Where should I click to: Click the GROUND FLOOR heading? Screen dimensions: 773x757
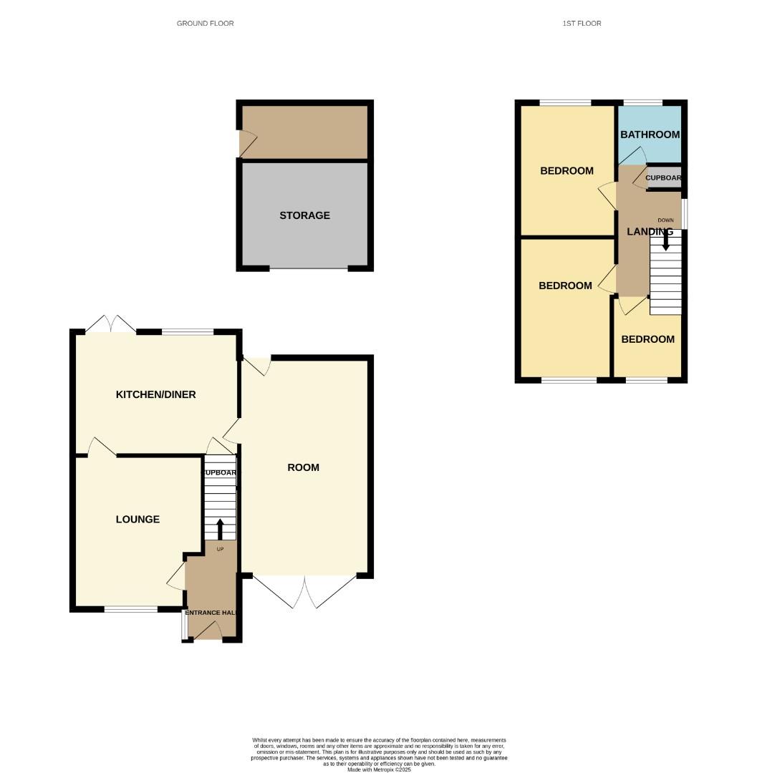click(205, 24)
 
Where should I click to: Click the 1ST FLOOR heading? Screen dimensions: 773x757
click(582, 24)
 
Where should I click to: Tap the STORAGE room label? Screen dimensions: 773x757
click(304, 215)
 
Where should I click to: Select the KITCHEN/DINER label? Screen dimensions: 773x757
click(155, 394)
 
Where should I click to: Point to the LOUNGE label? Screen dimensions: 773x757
click(138, 520)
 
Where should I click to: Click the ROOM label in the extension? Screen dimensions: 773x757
click(303, 467)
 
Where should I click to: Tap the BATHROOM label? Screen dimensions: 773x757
click(650, 135)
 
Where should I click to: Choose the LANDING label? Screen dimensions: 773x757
click(650, 232)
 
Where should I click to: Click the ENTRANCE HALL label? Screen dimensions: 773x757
click(211, 613)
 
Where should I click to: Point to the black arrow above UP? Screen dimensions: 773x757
click(220, 530)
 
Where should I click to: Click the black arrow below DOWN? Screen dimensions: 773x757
click(665, 243)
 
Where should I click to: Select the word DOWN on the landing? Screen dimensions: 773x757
click(665, 220)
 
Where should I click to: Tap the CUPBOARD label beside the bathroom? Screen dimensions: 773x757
click(663, 178)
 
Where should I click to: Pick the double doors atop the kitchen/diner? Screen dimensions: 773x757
click(110, 324)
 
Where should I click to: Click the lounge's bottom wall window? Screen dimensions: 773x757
click(131, 609)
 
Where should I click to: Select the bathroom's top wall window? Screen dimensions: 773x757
click(642, 103)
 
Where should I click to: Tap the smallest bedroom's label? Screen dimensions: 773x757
click(647, 339)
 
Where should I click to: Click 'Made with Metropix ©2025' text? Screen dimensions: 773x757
click(379, 769)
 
